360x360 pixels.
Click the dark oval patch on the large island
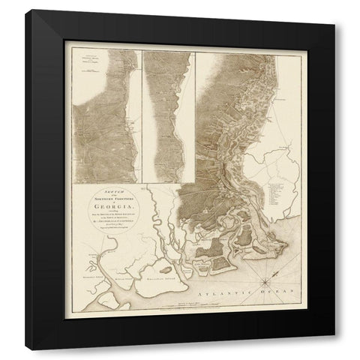pyautogui.click(x=160, y=268)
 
